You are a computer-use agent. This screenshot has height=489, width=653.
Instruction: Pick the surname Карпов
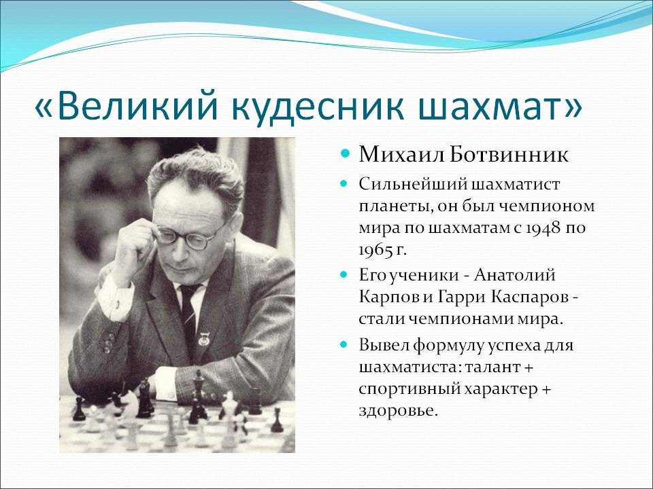[388, 298]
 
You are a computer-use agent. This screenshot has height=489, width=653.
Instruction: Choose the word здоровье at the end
[399, 412]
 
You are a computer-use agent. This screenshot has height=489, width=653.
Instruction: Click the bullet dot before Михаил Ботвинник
[344, 154]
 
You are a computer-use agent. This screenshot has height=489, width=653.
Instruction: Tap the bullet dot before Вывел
[344, 345]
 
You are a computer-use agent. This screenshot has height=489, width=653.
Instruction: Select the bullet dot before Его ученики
[344, 274]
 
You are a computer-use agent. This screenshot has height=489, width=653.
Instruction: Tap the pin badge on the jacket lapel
[203, 340]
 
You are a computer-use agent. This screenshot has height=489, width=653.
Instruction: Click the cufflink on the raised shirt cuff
[118, 304]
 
